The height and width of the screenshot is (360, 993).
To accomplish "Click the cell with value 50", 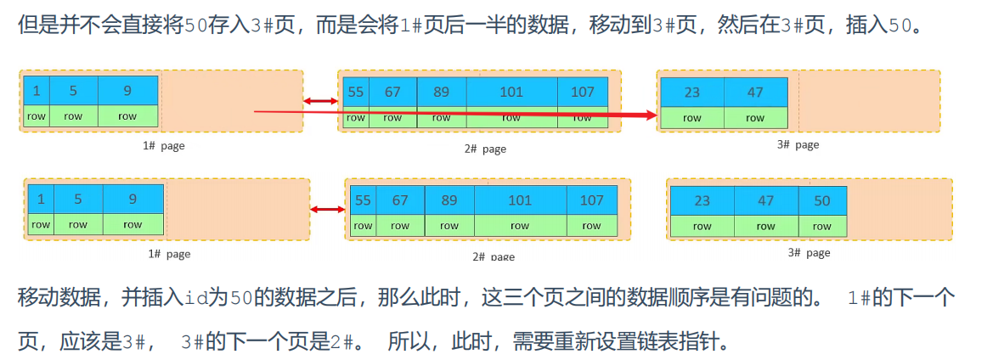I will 821,200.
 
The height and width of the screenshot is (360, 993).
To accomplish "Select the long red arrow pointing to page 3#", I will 459,112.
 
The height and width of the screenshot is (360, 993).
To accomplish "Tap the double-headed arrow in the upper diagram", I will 320,102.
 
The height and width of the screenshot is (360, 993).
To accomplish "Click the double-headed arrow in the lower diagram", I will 327,209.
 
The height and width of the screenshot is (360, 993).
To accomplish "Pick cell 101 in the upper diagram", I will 511,92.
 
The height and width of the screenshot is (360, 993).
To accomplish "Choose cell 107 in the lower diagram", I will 591,200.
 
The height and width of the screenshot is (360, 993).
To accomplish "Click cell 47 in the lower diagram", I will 765,200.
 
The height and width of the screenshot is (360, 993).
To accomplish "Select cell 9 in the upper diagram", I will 127,91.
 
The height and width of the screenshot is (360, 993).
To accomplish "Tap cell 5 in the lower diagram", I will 77,200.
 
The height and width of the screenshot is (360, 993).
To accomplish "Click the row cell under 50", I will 821,226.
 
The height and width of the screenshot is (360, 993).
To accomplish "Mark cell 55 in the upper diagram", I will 356,92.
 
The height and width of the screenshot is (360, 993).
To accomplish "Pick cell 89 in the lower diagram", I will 449,200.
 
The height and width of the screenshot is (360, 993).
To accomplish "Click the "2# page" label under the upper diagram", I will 485,149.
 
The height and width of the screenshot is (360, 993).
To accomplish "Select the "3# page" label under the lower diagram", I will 809,253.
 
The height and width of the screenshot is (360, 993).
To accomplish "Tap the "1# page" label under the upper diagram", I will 164,145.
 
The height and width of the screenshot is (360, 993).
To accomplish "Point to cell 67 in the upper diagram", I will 392,92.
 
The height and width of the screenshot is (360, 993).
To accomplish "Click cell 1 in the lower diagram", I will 40,200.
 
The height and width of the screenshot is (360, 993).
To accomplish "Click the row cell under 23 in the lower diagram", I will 702,226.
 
